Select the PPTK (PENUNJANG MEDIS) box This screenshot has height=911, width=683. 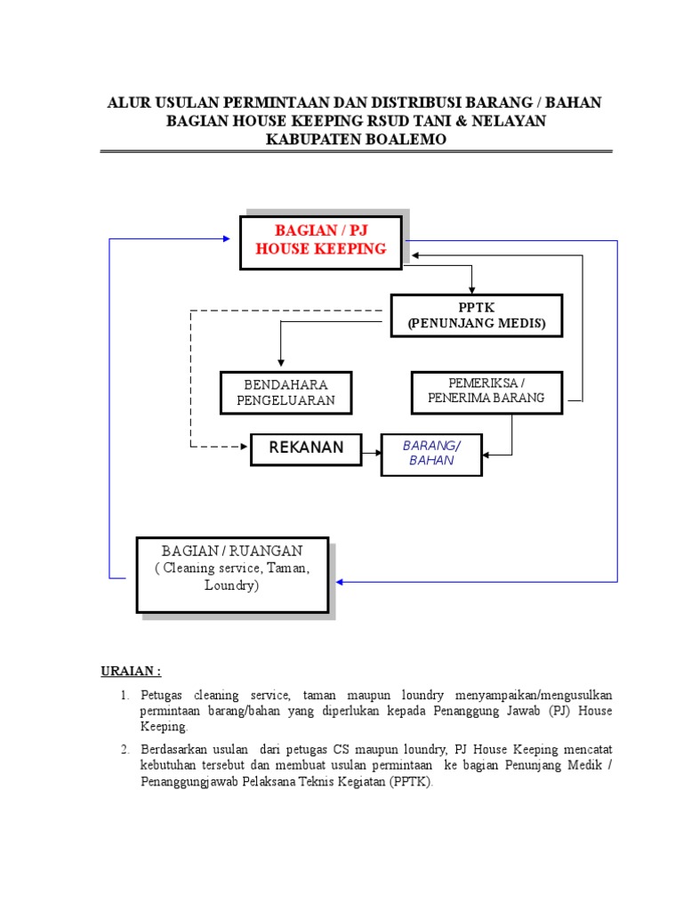pyautogui.click(x=477, y=316)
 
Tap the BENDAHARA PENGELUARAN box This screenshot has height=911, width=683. pyautogui.click(x=285, y=392)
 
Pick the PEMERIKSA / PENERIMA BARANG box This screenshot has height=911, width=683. pyautogui.click(x=486, y=391)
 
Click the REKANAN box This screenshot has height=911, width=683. pyautogui.click(x=306, y=447)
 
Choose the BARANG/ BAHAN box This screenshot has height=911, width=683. pyautogui.click(x=431, y=453)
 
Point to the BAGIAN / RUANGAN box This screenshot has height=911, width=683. pyautogui.click(x=232, y=574)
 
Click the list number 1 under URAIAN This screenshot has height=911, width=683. pyautogui.click(x=126, y=694)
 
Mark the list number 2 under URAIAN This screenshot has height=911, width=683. pyautogui.click(x=126, y=749)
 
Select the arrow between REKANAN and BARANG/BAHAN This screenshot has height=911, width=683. pyautogui.click(x=371, y=454)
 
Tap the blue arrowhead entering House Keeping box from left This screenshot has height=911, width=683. pyautogui.click(x=227, y=238)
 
